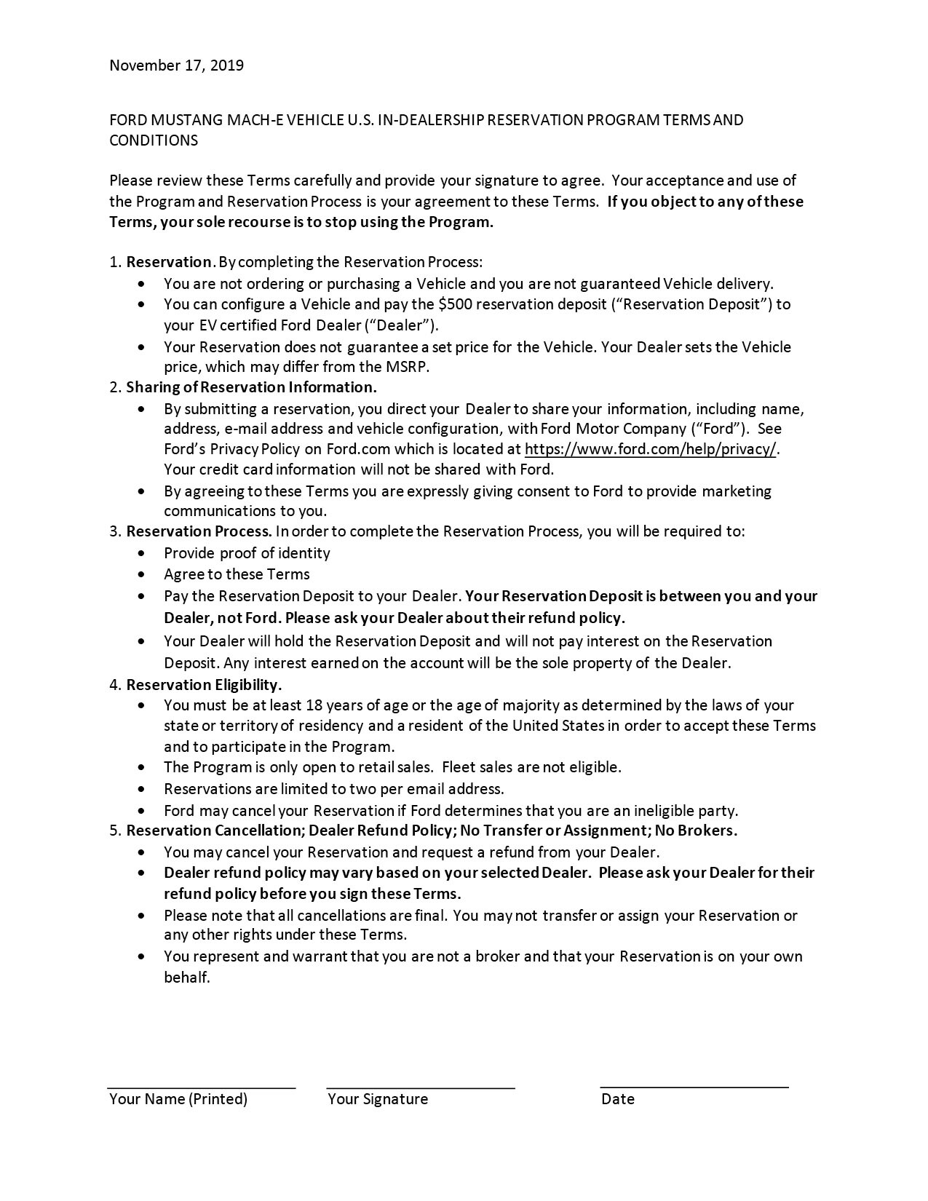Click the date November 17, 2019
176,66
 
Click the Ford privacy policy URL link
651,449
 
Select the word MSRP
408,367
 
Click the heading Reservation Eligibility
204,685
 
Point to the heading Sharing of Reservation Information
251,387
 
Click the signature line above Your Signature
421,1087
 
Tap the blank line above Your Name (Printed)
202,1087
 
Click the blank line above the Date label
694,1087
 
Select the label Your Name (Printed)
178,1099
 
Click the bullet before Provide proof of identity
141,554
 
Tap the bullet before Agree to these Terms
141,575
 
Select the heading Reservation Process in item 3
199,531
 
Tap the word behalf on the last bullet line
186,978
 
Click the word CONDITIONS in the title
153,140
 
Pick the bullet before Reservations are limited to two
141,789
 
